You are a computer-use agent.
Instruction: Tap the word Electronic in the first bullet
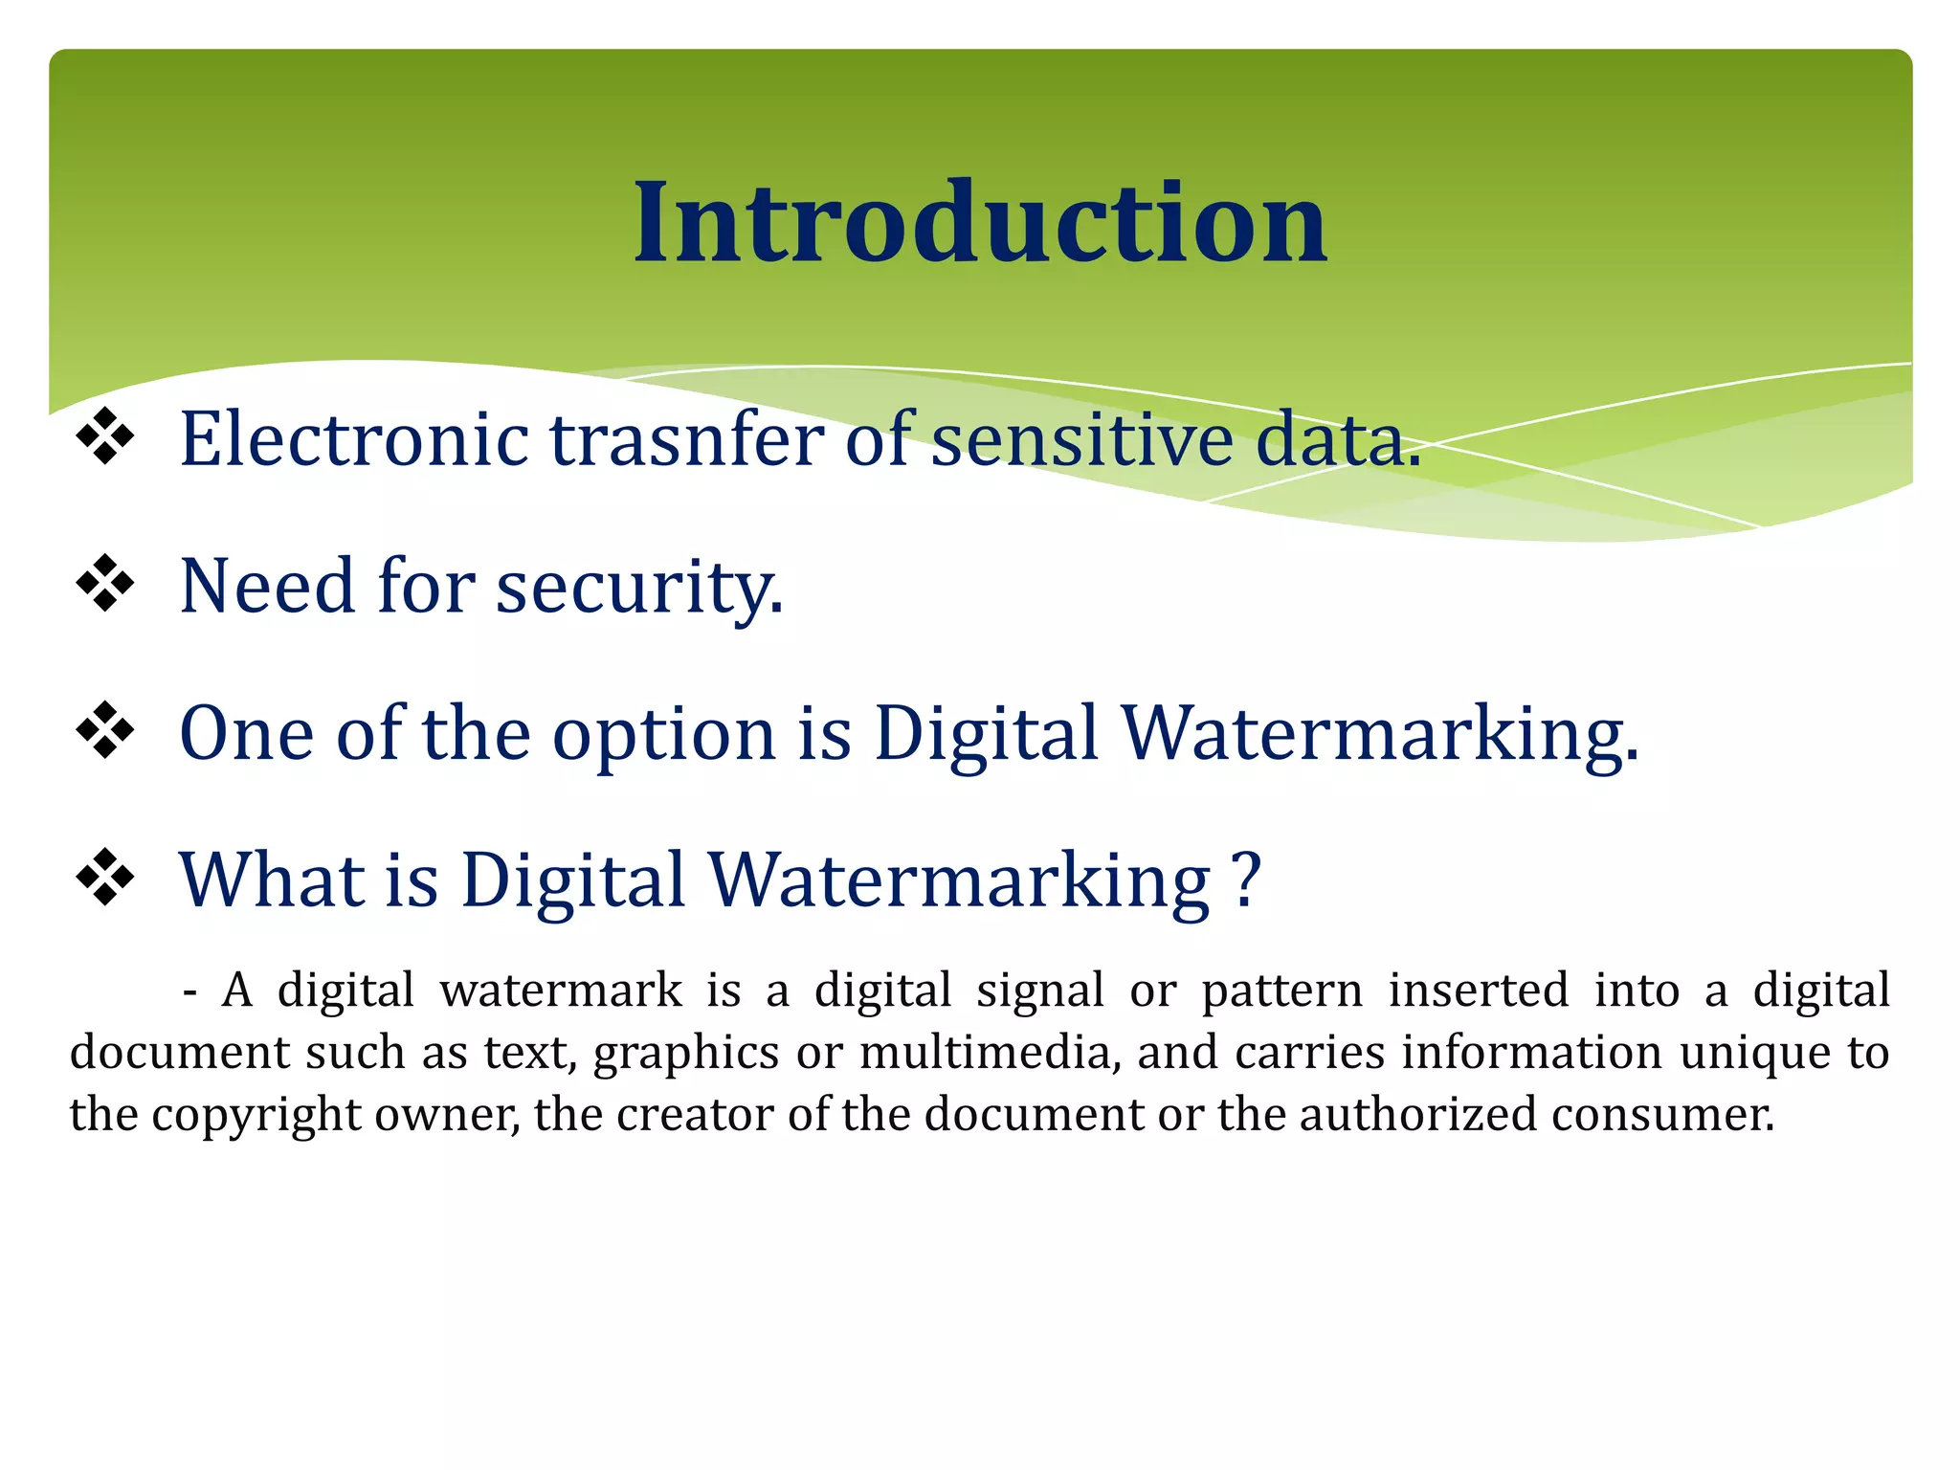pos(354,439)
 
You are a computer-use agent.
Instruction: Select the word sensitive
pos(1081,439)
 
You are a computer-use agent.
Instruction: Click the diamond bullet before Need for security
pos(104,584)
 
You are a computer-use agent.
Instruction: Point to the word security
pos(639,587)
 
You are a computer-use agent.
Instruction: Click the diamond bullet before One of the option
pos(104,731)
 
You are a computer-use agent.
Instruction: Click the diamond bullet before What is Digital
pos(104,878)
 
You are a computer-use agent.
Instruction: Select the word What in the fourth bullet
pos(271,879)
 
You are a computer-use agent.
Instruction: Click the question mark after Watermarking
pos(1246,879)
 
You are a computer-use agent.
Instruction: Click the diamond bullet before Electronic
pos(104,436)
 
